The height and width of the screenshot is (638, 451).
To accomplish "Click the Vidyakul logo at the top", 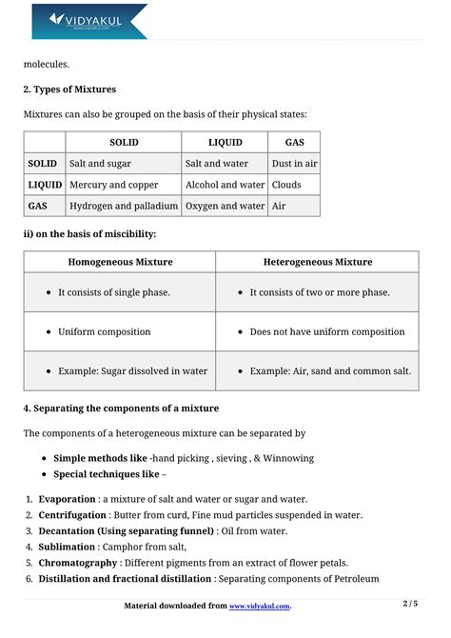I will click(x=89, y=21).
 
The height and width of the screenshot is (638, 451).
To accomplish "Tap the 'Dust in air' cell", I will click(x=294, y=164).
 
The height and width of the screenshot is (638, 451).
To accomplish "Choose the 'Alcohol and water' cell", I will click(x=225, y=185).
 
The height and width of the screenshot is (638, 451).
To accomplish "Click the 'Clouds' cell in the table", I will click(x=286, y=185).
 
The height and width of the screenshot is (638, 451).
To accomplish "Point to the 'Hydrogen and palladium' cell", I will click(x=124, y=206).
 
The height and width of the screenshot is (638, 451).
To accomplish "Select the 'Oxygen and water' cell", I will click(x=225, y=206).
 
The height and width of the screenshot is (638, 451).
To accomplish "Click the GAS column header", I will click(x=294, y=142).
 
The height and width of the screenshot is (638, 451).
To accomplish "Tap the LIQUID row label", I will click(x=45, y=185).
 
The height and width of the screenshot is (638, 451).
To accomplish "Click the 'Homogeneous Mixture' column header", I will click(x=120, y=262).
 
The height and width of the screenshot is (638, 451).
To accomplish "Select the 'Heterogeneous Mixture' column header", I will click(x=317, y=262).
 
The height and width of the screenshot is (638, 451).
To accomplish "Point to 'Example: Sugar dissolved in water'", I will click(x=132, y=371).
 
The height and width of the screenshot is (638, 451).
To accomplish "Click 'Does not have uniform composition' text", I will click(x=326, y=332).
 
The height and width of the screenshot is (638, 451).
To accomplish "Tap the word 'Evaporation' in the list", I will click(x=67, y=499).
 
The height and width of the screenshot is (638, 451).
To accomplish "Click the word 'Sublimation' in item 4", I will click(x=67, y=548).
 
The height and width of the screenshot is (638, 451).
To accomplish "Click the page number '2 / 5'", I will click(x=411, y=604).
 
